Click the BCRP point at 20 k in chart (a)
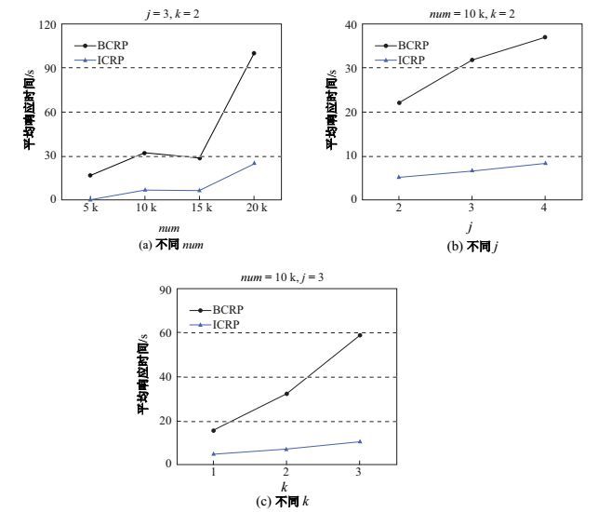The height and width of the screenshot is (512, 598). point(253,53)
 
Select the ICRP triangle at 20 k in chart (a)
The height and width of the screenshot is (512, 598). point(253,163)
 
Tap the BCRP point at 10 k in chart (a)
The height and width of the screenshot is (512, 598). point(144,153)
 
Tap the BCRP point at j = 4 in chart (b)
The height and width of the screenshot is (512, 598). point(545,37)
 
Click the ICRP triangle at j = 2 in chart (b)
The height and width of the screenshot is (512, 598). point(399,177)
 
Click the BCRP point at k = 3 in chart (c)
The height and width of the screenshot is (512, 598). point(360,335)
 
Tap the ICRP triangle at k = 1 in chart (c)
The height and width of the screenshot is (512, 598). point(214,453)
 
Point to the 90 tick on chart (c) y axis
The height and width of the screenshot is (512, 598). point(170,290)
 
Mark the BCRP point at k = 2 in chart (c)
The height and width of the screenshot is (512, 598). point(286,394)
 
